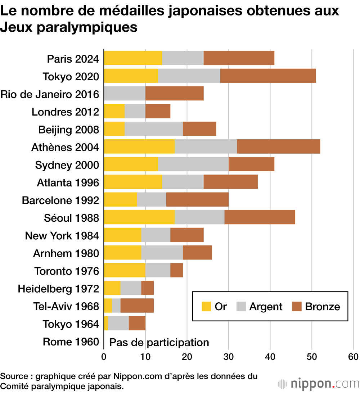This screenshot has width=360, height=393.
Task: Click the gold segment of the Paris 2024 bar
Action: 133,58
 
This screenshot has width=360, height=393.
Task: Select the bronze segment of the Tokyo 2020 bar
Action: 268,76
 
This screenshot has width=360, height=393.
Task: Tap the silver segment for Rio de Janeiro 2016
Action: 125,94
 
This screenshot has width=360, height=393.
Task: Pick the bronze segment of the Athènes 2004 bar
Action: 278,147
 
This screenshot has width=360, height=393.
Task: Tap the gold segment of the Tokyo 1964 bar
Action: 106,324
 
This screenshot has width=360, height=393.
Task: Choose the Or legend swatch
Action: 206,306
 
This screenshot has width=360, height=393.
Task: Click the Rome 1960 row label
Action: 71,342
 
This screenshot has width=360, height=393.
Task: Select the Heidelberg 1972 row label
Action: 58,289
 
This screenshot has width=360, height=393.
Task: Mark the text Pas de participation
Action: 159,342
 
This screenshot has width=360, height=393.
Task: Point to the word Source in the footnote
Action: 13,376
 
